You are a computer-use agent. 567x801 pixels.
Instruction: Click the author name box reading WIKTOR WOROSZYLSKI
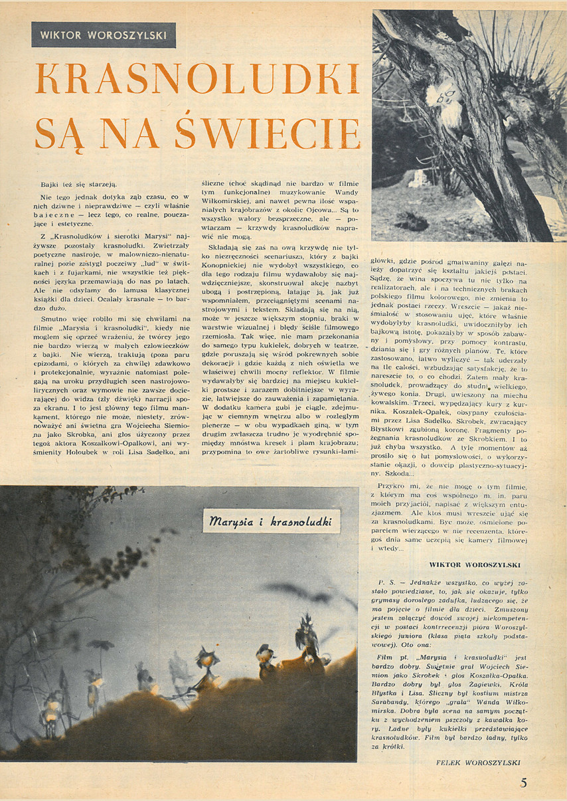tap(104, 35)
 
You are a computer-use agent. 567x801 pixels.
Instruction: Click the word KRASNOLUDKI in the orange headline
tap(197, 80)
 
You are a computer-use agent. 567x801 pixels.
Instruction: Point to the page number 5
tap(524, 782)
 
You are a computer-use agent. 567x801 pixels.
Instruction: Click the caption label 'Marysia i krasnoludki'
tap(271, 521)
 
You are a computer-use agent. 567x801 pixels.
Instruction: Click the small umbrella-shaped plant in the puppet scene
tap(101, 646)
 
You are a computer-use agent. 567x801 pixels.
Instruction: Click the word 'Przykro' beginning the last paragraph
tap(392, 487)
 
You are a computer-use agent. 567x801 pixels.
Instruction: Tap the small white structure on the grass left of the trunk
tap(416, 177)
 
